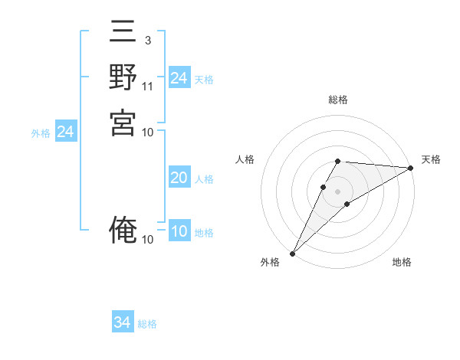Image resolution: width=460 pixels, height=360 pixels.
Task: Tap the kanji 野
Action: click(123, 80)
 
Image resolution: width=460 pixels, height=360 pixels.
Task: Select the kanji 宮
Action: click(123, 123)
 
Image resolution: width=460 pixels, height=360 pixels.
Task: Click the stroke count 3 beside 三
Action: click(147, 40)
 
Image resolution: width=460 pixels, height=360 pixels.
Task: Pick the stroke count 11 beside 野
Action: click(148, 86)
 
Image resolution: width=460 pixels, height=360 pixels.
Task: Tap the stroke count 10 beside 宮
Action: click(148, 132)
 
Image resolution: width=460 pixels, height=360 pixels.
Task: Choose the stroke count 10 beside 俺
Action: click(148, 240)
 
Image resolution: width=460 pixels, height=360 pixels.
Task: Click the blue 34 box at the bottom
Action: click(123, 322)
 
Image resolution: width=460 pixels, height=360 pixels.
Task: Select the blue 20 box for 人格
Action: click(179, 178)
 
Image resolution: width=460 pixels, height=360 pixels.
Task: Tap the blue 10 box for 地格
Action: click(179, 232)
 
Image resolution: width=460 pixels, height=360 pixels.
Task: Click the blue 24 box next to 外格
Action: click(66, 132)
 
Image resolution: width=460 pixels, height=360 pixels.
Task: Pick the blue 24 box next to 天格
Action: click(179, 78)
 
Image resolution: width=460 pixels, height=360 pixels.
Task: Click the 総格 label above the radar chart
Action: click(338, 100)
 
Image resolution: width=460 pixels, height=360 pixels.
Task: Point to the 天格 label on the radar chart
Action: click(431, 159)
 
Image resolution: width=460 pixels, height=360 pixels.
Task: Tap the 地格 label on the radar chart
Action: click(402, 262)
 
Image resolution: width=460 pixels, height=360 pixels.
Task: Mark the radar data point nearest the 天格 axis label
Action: click(411, 168)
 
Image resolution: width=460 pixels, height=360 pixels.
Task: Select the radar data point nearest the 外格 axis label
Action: click(292, 254)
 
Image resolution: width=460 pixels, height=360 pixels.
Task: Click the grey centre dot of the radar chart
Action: click(338, 190)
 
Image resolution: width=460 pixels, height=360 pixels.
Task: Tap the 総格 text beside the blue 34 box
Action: click(147, 324)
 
